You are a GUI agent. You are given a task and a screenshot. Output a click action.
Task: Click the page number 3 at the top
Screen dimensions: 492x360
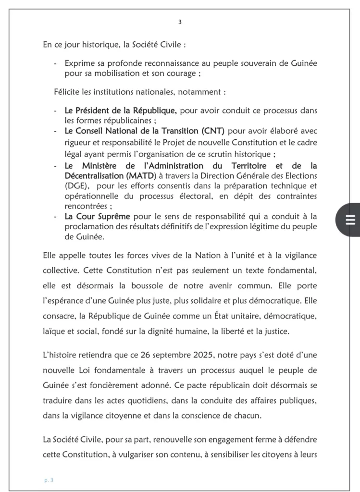[180, 22]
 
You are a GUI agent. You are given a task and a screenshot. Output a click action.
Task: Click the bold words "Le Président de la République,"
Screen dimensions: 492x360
[121, 111]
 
